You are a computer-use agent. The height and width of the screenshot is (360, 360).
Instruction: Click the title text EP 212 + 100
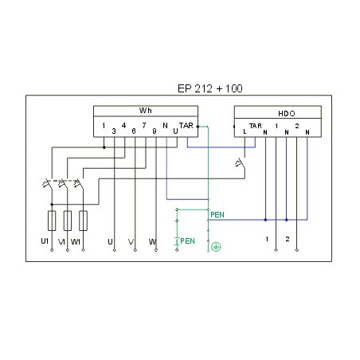(209, 88)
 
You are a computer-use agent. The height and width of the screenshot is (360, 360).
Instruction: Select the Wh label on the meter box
(146, 111)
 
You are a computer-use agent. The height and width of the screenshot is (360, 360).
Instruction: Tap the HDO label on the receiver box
(287, 114)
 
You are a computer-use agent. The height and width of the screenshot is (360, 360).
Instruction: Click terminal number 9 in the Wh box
(155, 131)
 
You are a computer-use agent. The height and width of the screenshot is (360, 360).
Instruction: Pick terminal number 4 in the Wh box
(123, 126)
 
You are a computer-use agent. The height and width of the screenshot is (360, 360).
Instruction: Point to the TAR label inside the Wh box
(186, 125)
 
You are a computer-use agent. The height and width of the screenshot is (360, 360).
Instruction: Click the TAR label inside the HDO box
(256, 126)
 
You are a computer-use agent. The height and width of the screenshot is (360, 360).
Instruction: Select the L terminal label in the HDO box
(245, 131)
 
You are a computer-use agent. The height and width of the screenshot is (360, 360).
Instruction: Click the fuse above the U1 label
(52, 221)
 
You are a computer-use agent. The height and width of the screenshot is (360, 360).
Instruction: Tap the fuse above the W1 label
(83, 221)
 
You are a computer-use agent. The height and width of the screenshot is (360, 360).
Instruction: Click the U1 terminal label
(45, 241)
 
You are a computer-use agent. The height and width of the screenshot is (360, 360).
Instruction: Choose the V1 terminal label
(61, 242)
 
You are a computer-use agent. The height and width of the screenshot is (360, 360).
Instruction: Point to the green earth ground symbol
(216, 247)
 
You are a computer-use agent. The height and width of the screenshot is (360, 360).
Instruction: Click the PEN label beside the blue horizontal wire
(217, 215)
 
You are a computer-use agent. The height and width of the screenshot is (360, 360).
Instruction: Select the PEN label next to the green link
(187, 241)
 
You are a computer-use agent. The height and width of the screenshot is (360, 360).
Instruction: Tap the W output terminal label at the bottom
(152, 242)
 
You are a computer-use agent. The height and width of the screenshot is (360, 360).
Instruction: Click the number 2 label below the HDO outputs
(288, 239)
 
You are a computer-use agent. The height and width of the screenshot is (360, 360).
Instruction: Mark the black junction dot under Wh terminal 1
(104, 147)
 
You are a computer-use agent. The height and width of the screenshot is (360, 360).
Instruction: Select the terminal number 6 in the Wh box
(134, 131)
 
